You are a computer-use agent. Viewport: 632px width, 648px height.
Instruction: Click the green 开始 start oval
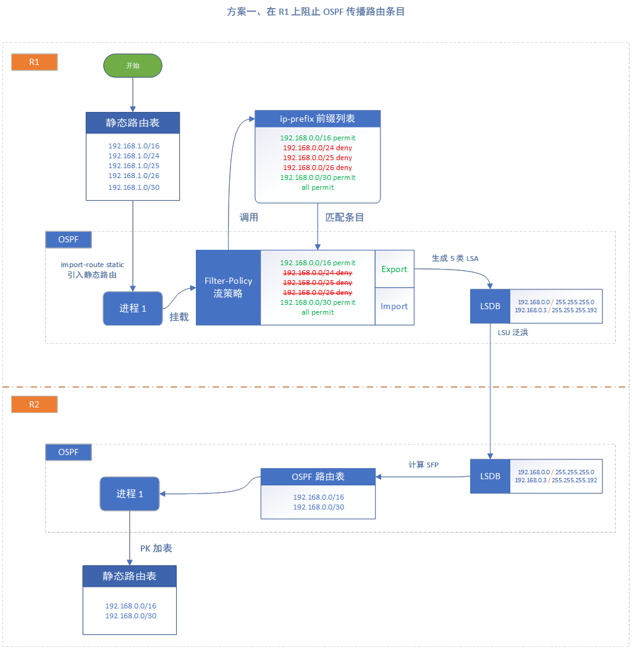[x=132, y=65]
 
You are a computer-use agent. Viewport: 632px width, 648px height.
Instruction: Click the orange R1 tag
[x=35, y=62]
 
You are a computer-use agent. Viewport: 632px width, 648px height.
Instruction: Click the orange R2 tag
[x=35, y=404]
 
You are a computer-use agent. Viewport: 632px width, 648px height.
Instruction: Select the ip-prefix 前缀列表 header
[x=318, y=119]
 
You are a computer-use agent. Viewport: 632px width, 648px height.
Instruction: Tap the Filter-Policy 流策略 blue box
[x=229, y=287]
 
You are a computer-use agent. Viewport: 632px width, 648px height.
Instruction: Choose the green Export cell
[x=394, y=269]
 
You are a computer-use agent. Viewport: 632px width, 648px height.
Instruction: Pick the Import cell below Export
[x=394, y=306]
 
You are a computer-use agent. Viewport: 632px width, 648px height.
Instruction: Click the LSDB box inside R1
[x=490, y=306]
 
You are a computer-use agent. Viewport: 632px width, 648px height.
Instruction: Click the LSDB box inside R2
[x=490, y=476]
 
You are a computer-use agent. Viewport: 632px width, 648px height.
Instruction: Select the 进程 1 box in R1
[x=133, y=308]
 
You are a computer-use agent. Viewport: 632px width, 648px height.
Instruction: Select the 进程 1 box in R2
[x=130, y=493]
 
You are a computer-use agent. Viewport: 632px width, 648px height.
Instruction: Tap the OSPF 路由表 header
[x=318, y=477]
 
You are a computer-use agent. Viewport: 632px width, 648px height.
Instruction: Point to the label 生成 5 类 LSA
[x=455, y=258]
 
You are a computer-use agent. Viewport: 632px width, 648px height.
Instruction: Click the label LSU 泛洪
[x=513, y=333]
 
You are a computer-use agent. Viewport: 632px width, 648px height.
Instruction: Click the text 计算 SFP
[x=424, y=464]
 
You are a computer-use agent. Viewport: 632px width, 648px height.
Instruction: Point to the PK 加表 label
[x=156, y=548]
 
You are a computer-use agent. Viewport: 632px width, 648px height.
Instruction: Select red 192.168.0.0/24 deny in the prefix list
[x=318, y=148]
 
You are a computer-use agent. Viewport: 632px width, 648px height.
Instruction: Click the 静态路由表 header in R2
[x=130, y=576]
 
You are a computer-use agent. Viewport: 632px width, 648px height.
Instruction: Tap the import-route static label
[x=93, y=264]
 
